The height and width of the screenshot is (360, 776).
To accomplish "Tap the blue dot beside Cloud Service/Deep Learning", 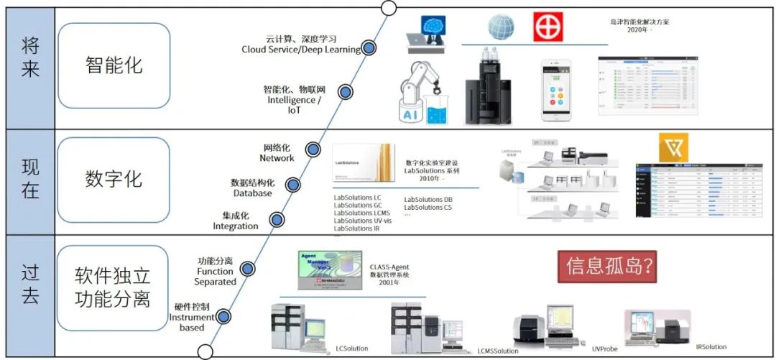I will pyautogui.click(x=369, y=47).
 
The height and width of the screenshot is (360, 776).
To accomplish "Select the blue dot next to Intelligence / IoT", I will pyautogui.click(x=345, y=92).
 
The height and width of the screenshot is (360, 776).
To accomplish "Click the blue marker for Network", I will pyautogui.click(x=313, y=149).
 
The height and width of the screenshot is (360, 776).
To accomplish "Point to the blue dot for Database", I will pyautogui.click(x=291, y=185).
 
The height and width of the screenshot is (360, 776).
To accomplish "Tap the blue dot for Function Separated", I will pyautogui.click(x=248, y=269).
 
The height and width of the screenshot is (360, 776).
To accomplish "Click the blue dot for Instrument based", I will pyautogui.click(x=223, y=316).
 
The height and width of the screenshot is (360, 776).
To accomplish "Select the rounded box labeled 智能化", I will pyautogui.click(x=114, y=65).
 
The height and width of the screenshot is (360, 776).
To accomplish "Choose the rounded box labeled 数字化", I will pyautogui.click(x=114, y=178).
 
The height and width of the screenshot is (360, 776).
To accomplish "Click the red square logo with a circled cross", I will pyautogui.click(x=548, y=27).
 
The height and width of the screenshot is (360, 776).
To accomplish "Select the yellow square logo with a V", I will pyautogui.click(x=673, y=147).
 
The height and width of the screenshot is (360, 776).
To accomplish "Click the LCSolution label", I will pyautogui.click(x=351, y=349).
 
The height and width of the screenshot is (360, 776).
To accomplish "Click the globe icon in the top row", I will pyautogui.click(x=501, y=27).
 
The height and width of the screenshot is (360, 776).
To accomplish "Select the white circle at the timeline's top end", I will pyautogui.click(x=388, y=8).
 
